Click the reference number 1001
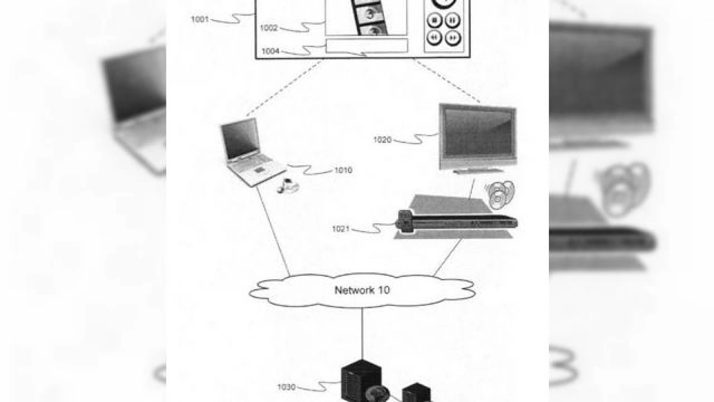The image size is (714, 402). click(x=199, y=20)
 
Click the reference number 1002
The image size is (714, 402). click(x=269, y=29)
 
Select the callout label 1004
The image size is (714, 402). click(x=270, y=51)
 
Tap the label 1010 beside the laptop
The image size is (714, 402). click(x=343, y=170)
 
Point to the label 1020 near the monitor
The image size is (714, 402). click(x=382, y=140)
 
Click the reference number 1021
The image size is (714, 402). click(x=341, y=229)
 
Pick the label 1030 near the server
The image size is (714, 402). click(x=286, y=387)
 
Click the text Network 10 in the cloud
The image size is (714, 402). click(x=362, y=290)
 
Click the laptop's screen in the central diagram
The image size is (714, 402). click(x=241, y=138)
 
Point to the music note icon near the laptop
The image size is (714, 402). click(x=288, y=186)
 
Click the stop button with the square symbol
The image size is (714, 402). click(x=435, y=21)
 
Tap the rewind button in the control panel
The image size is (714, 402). click(x=434, y=38)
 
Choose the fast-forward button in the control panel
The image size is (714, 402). click(x=452, y=38)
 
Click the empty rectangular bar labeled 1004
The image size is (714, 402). click(x=366, y=46)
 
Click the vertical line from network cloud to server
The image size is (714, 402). click(x=362, y=334)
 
